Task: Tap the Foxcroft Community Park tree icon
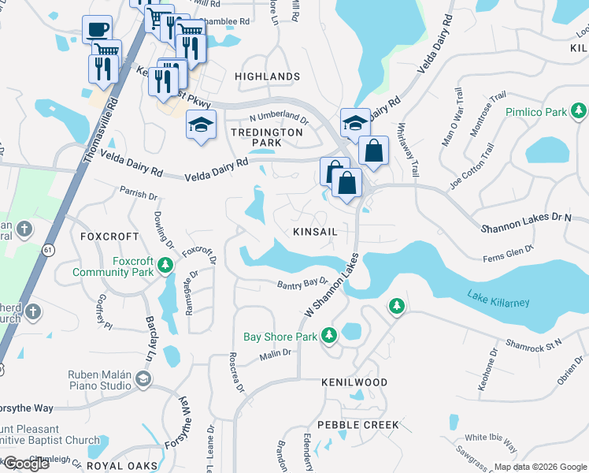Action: (165, 266)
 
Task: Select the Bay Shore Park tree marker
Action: (329, 336)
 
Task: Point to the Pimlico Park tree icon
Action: (578, 112)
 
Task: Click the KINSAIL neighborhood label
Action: (315, 232)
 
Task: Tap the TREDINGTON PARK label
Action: (266, 137)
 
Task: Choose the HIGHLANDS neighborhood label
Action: (267, 76)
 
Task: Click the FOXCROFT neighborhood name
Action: (109, 236)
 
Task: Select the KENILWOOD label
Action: (354, 382)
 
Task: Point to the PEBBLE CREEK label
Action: (358, 425)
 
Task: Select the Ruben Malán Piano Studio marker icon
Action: (143, 379)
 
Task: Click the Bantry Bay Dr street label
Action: (302, 283)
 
